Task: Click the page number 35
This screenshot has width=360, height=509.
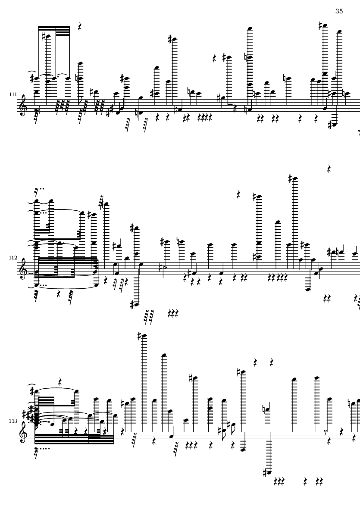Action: click(339, 11)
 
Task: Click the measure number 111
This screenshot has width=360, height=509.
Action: click(13, 94)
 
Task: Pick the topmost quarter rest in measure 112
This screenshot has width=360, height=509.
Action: click(329, 169)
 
